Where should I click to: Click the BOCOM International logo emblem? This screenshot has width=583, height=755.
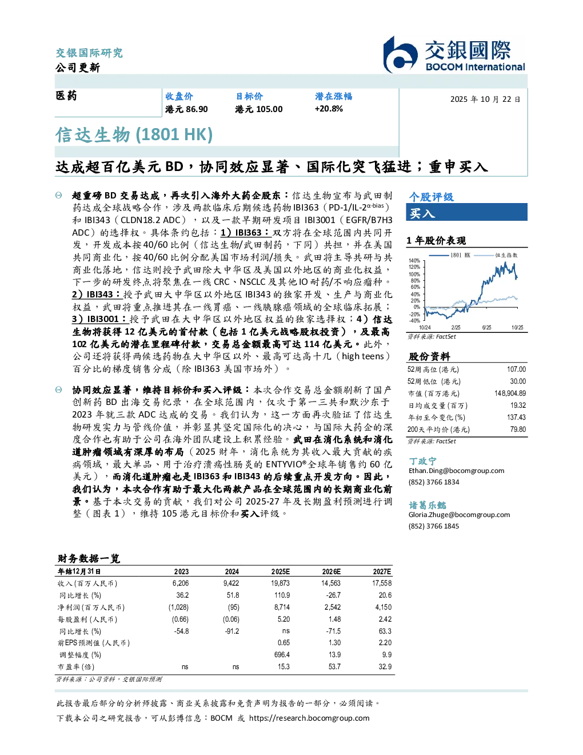pyautogui.click(x=400, y=55)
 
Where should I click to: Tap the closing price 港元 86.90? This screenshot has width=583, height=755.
pyautogui.click(x=186, y=109)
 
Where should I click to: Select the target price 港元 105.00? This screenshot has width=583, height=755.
pyautogui.click(x=259, y=109)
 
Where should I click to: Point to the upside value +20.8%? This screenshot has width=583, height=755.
pyautogui.click(x=329, y=109)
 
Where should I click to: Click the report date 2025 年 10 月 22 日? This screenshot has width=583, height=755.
pyautogui.click(x=485, y=100)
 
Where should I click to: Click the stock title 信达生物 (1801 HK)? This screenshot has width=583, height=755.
pyautogui.click(x=134, y=134)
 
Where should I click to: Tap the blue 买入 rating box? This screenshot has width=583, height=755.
pyautogui.click(x=466, y=212)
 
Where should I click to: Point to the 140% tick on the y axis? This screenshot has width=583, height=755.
pyautogui.click(x=414, y=261)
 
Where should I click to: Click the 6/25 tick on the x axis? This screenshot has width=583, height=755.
pyautogui.click(x=486, y=328)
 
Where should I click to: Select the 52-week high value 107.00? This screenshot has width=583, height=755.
pyautogui.click(x=516, y=369)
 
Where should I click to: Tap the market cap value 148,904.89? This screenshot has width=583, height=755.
pyautogui.click(x=510, y=394)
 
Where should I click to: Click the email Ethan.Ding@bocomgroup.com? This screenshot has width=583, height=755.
pyautogui.click(x=456, y=471)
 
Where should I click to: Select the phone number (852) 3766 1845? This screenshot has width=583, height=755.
pyautogui.click(x=434, y=526)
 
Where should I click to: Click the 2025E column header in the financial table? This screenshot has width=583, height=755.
pyautogui.click(x=280, y=571)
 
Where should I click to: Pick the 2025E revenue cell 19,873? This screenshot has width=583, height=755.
pyautogui.click(x=280, y=583)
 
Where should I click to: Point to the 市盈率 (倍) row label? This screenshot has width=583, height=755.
pyautogui.click(x=75, y=667)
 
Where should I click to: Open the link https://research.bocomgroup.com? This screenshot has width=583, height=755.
pyautogui.click(x=309, y=718)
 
